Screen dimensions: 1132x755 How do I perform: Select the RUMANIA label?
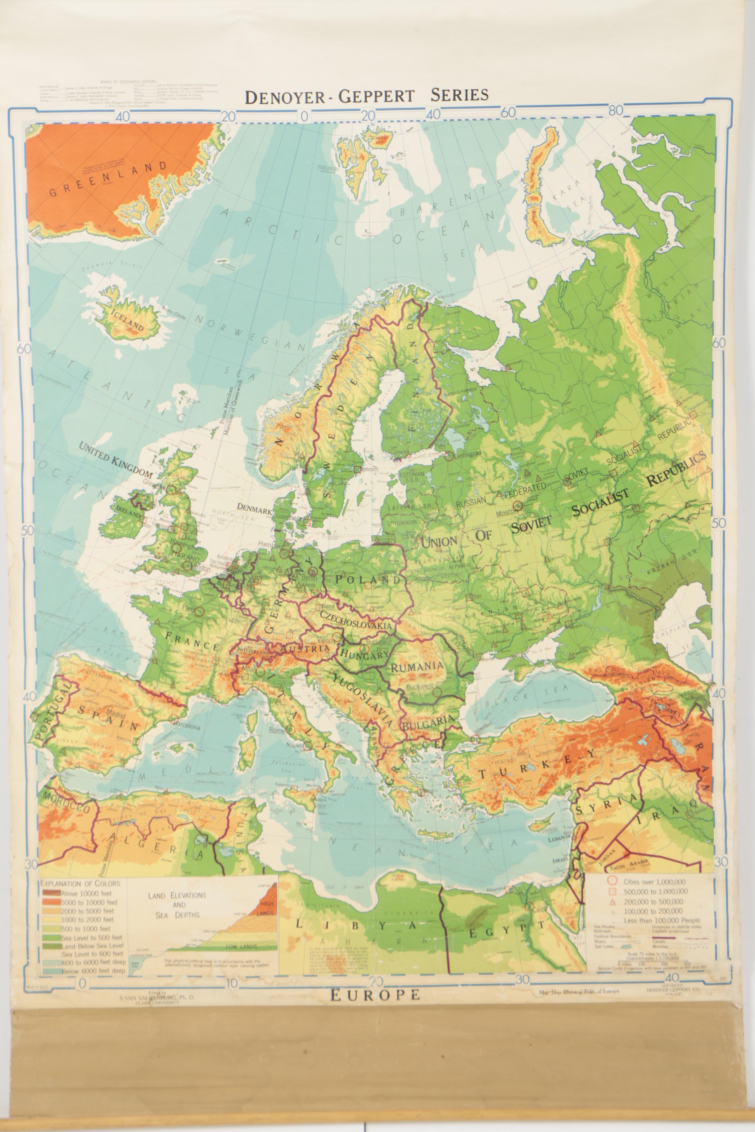tap(417, 667)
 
